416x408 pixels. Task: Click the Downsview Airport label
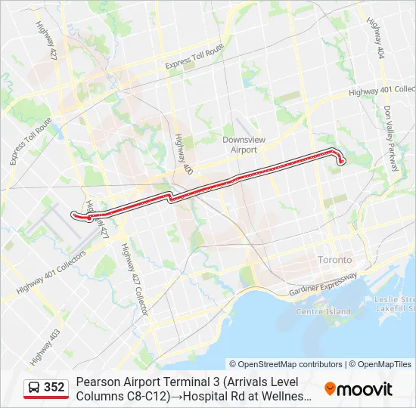[240, 144]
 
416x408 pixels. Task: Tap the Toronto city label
[334, 259]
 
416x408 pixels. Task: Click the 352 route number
[54, 388]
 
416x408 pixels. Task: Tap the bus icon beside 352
[35, 388]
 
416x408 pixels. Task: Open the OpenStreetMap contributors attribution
[285, 364]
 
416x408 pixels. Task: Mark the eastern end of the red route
[341, 160]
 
